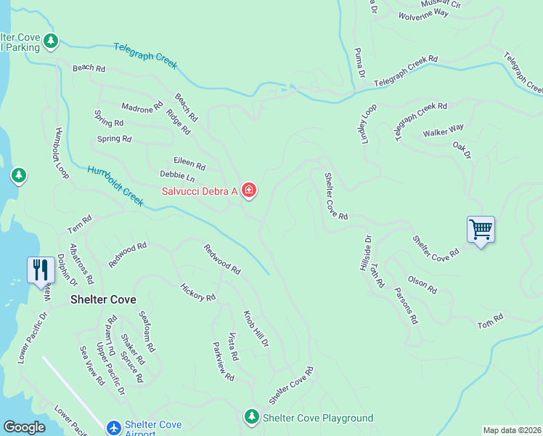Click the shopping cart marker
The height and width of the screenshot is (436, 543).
[481, 230]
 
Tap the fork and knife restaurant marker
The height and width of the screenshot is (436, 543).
[40, 270]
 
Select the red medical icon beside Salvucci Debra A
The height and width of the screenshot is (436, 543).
[249, 190]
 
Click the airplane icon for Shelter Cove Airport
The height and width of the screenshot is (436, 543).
[113, 428]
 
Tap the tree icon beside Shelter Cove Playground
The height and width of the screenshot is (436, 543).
[251, 418]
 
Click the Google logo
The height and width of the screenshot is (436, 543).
[24, 427]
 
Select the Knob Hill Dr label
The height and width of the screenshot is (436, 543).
[256, 328]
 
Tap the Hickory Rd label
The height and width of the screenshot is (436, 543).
[197, 292]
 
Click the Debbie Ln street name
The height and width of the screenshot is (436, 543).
[177, 177]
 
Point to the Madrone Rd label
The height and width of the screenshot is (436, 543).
[142, 108]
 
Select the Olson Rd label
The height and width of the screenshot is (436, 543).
[422, 285]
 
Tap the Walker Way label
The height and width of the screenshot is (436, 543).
[443, 132]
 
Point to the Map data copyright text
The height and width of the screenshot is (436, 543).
[512, 430]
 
